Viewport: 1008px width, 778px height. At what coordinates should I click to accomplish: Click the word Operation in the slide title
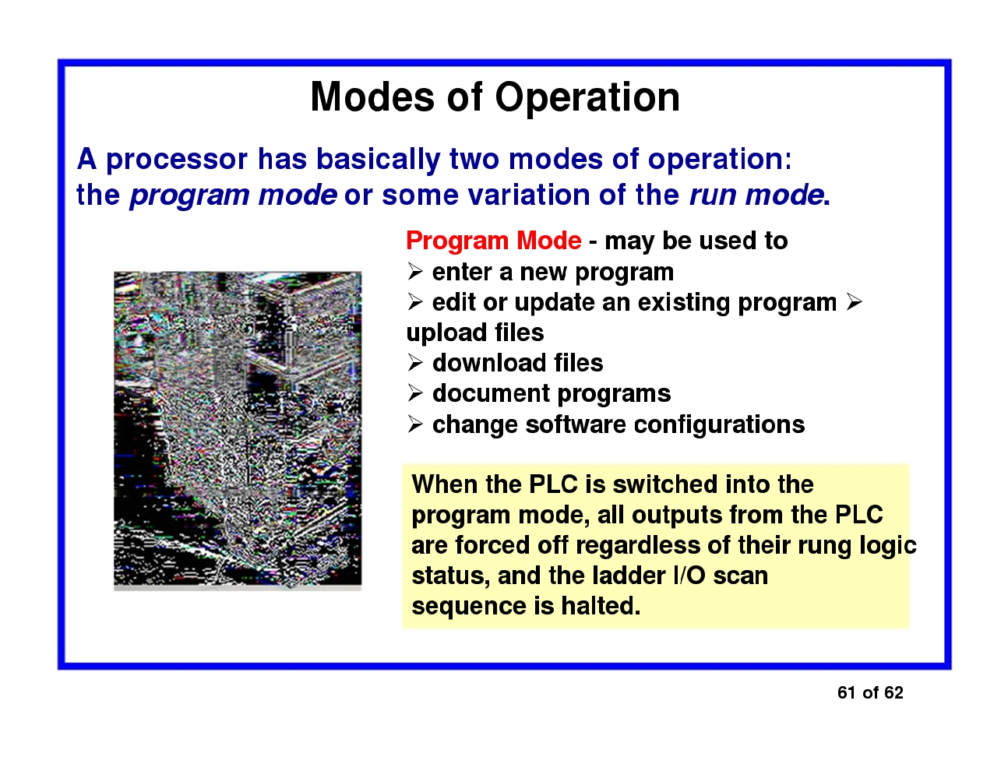click(x=587, y=98)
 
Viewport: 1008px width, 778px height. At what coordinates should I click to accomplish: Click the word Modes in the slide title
click(x=372, y=97)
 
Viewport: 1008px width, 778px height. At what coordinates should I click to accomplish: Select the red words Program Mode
click(x=494, y=241)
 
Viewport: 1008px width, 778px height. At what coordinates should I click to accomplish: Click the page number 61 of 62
click(x=870, y=692)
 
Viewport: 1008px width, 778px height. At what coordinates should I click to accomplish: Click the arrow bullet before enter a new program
click(x=415, y=272)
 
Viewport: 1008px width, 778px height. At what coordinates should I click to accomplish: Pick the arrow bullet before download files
click(x=415, y=363)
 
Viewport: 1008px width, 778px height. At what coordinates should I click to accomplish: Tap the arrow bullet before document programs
click(x=415, y=393)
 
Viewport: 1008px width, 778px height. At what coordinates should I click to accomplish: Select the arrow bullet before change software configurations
click(x=415, y=424)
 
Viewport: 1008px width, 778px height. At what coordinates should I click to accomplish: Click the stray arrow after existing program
click(x=854, y=302)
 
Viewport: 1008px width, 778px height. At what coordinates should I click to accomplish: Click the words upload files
click(x=475, y=333)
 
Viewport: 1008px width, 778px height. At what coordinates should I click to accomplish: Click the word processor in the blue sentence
click(x=177, y=160)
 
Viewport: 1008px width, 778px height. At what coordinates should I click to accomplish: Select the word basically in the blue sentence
click(x=378, y=160)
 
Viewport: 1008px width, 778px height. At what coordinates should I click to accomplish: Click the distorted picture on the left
click(x=238, y=431)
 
